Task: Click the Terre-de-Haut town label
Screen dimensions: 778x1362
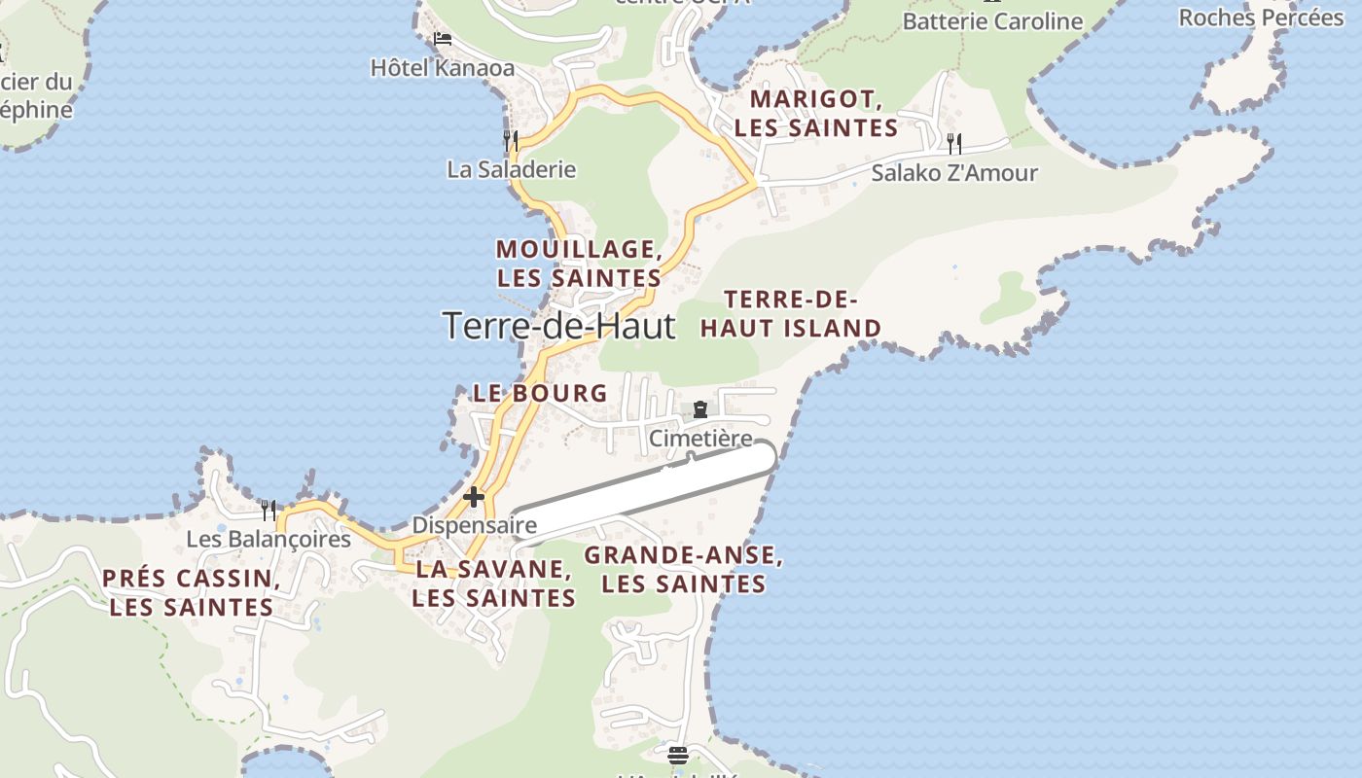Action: [x=558, y=325]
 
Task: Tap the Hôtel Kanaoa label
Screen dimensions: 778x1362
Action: [x=443, y=68]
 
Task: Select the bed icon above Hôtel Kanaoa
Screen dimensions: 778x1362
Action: [x=443, y=39]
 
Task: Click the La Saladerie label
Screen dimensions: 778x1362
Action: [x=512, y=169]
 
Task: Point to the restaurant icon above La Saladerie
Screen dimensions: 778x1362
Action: [x=511, y=140]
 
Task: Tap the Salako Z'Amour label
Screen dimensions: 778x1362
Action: [x=954, y=173]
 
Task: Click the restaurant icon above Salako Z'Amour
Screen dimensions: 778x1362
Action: [x=954, y=144]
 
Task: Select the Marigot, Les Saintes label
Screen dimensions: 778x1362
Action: [x=816, y=113]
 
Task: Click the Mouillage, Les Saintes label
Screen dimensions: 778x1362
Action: [x=579, y=263]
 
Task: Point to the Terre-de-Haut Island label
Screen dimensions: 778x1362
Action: [x=791, y=313]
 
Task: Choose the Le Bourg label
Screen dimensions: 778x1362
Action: [x=540, y=393]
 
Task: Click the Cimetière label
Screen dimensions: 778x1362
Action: [x=700, y=439]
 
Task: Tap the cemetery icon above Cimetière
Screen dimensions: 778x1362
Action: [x=700, y=409]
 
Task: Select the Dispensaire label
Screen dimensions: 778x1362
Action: [x=475, y=525]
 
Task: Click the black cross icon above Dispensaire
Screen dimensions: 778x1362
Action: [x=474, y=497]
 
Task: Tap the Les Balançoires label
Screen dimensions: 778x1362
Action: [x=269, y=539]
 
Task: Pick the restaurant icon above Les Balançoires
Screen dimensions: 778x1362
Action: [x=269, y=510]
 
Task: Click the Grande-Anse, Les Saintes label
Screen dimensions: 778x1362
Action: [x=684, y=569]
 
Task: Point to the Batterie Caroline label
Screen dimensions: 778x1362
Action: [x=992, y=21]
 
